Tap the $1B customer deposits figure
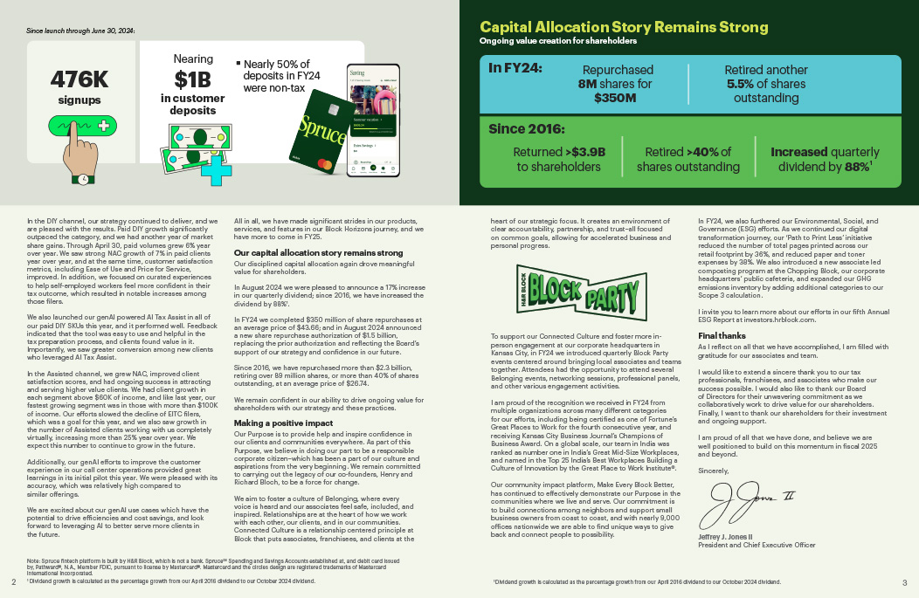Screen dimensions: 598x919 pos(192,79)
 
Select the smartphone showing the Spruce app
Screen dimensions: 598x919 pos(373,120)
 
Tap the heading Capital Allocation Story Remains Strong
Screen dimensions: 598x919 pos(624,27)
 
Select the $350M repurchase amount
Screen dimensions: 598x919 pos(615,99)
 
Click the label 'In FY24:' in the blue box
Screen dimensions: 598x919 pos(515,67)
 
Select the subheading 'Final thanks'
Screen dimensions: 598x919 pos(722,335)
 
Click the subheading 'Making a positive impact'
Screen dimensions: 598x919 pos(283,423)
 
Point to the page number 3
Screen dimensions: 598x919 pos(904,582)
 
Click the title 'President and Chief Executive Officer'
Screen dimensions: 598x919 pos(756,545)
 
